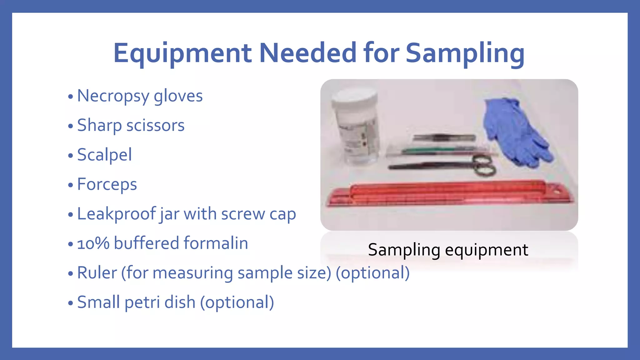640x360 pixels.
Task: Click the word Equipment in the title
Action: pos(182,53)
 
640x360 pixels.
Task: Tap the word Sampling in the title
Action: pos(465,53)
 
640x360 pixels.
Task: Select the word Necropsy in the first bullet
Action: pos(113,96)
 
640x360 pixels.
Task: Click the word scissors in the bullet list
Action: pos(155,125)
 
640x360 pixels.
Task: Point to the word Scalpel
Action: pos(104,155)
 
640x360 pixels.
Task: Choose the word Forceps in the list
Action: pos(107,184)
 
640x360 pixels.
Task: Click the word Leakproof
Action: pos(116,214)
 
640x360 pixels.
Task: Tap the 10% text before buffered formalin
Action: pos(93,243)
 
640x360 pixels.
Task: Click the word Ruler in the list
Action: pos(97,272)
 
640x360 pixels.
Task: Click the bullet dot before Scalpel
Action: pos(70,155)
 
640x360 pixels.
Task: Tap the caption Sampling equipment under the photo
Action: pos(448,250)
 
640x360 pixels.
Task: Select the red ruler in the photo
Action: pos(450,194)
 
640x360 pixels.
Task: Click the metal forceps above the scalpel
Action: pos(444,137)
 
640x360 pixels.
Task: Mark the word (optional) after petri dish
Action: pos(237,302)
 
